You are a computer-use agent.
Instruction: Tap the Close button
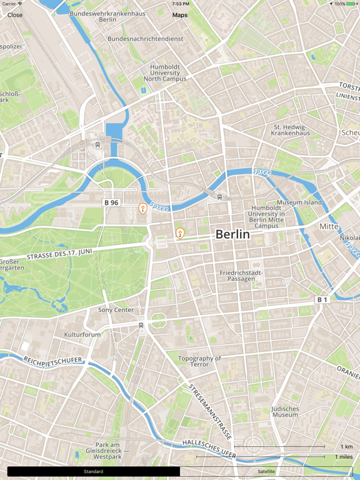[x=15, y=15]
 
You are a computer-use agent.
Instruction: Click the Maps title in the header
[x=180, y=15]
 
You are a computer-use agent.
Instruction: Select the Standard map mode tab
[x=93, y=471]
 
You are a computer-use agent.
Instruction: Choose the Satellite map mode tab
[x=266, y=471]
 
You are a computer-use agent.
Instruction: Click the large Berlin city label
[x=232, y=234]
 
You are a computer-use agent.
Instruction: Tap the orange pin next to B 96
[x=142, y=209]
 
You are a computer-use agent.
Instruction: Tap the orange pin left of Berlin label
[x=180, y=233]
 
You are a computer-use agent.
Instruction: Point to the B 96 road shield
[x=111, y=202]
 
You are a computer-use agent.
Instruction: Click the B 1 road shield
[x=321, y=300]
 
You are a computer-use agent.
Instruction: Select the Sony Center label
[x=116, y=310]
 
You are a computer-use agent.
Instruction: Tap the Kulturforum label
[x=82, y=334]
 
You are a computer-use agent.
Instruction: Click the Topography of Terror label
[x=200, y=361]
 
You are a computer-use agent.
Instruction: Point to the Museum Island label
[x=299, y=202]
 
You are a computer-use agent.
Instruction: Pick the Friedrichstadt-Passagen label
[x=241, y=276]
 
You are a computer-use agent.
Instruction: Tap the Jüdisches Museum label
[x=285, y=411]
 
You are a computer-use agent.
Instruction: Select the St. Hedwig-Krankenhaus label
[x=291, y=129]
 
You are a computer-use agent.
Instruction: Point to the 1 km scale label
[x=346, y=446]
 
